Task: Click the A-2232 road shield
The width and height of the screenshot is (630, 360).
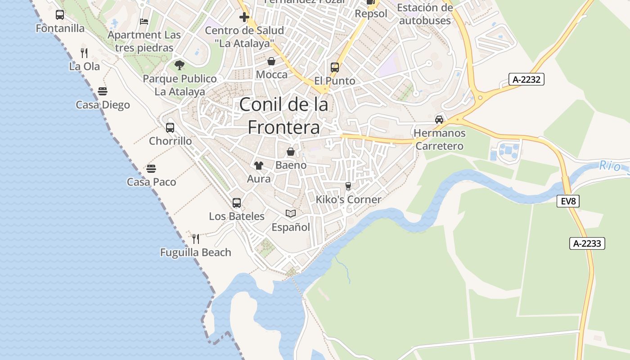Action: (527, 80)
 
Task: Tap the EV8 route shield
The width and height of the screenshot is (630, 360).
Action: (568, 201)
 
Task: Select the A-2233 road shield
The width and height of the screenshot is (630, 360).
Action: (587, 243)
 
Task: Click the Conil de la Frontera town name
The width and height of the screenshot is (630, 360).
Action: (283, 116)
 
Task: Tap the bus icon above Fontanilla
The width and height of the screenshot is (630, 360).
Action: (60, 15)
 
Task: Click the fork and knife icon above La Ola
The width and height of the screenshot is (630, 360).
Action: (84, 53)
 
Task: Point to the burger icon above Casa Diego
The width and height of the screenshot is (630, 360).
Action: (103, 91)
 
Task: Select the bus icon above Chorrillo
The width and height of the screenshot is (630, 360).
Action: (170, 127)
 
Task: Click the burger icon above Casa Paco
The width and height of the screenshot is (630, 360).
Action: (151, 169)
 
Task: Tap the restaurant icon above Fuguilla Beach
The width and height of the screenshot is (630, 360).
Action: (196, 238)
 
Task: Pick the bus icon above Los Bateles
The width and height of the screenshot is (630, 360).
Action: (237, 203)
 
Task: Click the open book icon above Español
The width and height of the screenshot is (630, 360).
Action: (291, 213)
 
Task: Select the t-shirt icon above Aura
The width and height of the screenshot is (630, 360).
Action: (259, 166)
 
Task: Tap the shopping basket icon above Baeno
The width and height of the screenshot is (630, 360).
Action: (291, 152)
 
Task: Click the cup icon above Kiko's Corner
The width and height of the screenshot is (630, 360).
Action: (348, 186)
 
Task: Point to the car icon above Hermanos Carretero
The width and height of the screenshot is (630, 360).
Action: (439, 120)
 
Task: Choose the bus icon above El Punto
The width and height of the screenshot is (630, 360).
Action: (335, 67)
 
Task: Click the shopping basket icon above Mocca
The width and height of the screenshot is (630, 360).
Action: (271, 61)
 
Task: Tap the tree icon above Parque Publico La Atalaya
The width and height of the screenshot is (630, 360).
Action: (180, 65)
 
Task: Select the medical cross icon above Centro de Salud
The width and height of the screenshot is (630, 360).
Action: (244, 17)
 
